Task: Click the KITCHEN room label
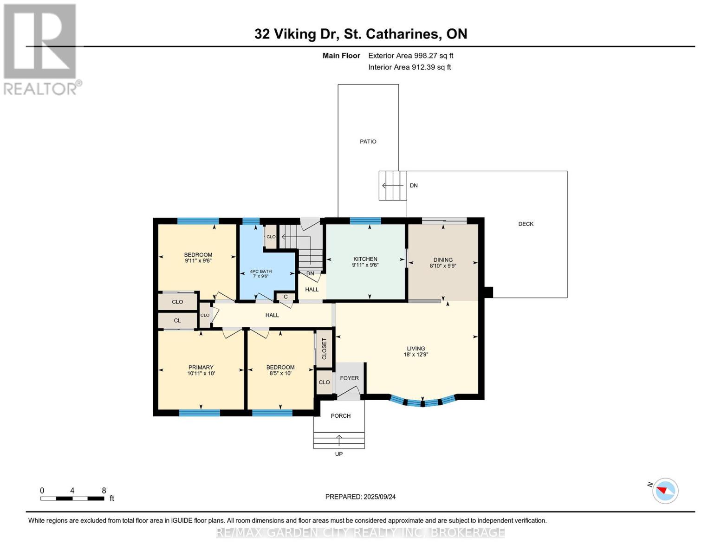(365, 259)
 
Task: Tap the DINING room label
(442, 260)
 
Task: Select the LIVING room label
(416, 348)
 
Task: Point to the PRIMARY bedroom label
(201, 367)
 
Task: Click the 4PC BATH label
(261, 272)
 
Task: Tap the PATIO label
(368, 141)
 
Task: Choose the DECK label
(526, 224)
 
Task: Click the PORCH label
(340, 416)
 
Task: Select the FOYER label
(349, 378)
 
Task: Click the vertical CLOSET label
(324, 349)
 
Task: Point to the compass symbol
(665, 491)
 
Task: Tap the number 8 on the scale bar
(104, 490)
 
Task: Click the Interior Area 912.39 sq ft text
(409, 67)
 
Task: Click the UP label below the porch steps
(338, 454)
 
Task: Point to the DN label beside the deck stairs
(413, 186)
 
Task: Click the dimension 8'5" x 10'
(280, 373)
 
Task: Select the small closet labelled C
(286, 297)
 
